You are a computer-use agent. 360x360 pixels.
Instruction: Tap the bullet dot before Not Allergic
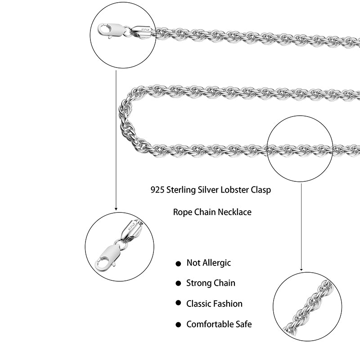click(178, 263)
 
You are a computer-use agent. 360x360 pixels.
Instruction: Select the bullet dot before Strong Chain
click(178, 283)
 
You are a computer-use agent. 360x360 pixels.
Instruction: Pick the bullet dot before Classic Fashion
click(178, 304)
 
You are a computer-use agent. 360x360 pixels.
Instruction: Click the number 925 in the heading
click(157, 189)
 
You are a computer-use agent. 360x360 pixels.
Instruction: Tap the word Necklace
click(234, 211)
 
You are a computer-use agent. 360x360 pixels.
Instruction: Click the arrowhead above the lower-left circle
click(116, 208)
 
